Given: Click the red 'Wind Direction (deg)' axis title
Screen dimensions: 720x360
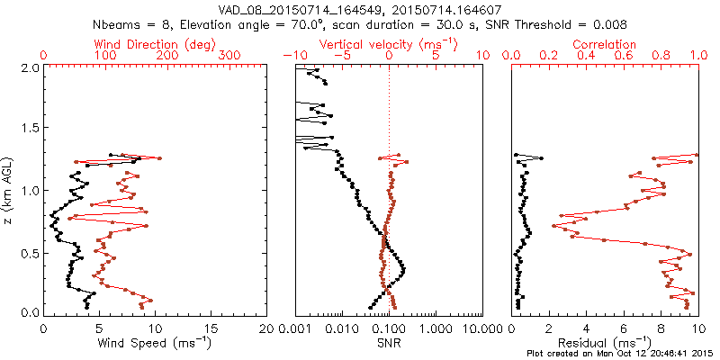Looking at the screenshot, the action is click(x=155, y=44).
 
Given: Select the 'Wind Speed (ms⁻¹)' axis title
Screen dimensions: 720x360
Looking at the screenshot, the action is click(x=155, y=343).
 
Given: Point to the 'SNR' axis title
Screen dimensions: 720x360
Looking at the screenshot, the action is click(x=389, y=343).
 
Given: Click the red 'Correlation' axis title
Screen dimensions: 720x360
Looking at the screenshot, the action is click(x=604, y=44).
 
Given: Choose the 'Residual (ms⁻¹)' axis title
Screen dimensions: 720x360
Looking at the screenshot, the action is click(x=604, y=343).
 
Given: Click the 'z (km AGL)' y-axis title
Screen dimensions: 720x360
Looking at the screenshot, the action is click(x=10, y=191).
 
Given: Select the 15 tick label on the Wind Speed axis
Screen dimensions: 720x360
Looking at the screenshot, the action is click(x=211, y=328).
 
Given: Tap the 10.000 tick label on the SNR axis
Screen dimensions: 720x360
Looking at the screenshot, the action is click(x=481, y=328).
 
